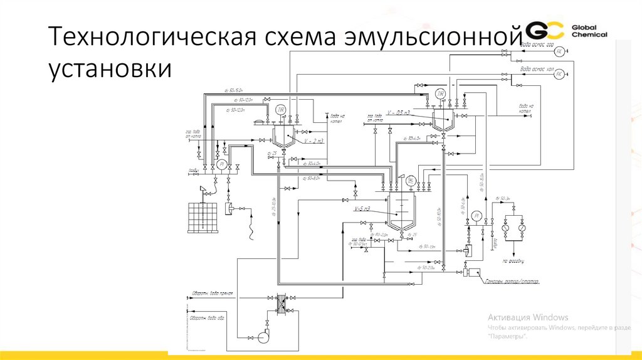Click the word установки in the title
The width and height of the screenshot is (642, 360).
tap(108, 68)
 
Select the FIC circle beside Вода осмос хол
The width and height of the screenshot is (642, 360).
tap(560, 74)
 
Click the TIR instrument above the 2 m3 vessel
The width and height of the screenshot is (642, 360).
tap(282, 110)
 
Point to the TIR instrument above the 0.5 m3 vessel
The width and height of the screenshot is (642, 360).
tap(441, 94)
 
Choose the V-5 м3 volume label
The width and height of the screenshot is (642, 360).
tap(363, 208)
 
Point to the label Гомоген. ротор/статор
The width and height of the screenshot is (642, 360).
tap(512, 281)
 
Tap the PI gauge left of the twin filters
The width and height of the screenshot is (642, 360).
tap(476, 216)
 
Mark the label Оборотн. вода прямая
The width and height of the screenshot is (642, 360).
tap(213, 293)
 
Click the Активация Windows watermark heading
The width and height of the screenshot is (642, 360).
tap(527, 317)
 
